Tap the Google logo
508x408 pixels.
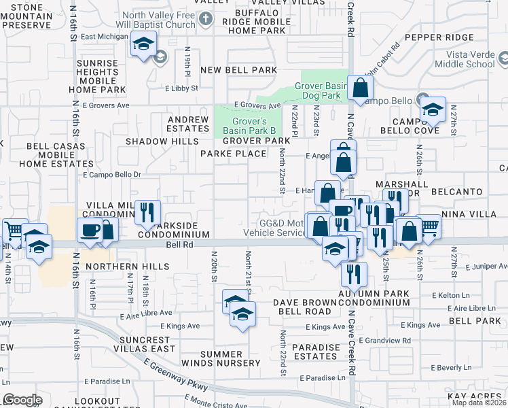pos(22,399)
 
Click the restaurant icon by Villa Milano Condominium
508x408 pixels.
pos(147,213)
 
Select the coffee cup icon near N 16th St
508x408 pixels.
pos(90,231)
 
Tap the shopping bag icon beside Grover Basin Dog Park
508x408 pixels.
pos(360,88)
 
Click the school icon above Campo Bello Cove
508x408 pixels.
pos(432,109)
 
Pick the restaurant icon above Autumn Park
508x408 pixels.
pos(354,274)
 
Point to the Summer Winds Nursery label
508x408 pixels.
pos(230,358)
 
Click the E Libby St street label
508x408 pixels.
pos(181,88)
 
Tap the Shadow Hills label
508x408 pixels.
pos(155,141)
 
